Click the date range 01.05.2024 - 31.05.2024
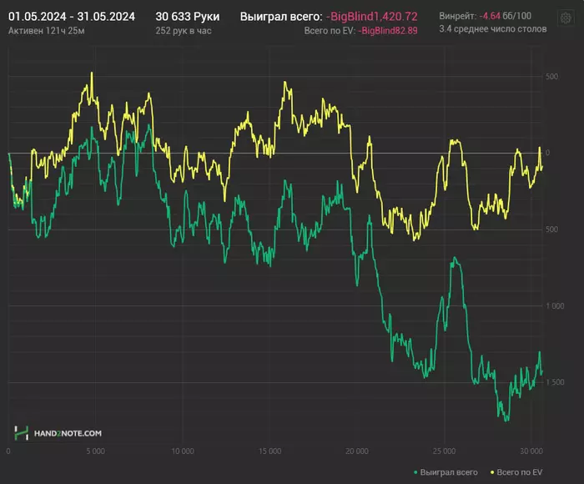(72, 16)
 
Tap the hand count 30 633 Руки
(188, 16)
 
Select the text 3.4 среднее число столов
(493, 29)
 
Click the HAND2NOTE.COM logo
(58, 433)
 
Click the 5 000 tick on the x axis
(95, 451)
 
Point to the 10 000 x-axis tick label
(183, 451)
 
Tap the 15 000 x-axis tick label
(269, 451)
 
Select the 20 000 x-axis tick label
(357, 451)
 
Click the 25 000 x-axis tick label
(445, 451)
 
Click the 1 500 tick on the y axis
(551, 383)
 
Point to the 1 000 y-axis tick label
(551, 306)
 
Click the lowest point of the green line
(506, 420)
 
